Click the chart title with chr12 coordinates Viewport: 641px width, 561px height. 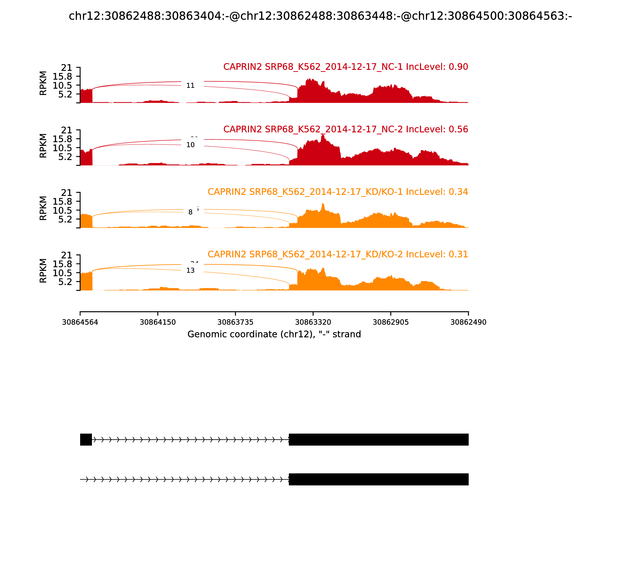[320, 16]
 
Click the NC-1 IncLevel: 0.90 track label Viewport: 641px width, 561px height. [346, 67]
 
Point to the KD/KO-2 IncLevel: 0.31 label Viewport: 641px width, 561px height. [338, 254]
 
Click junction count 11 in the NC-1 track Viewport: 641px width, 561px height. [190, 86]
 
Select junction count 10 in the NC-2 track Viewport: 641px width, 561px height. [190, 145]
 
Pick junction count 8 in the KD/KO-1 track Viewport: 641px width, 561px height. [190, 212]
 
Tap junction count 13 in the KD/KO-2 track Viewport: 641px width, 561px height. [190, 270]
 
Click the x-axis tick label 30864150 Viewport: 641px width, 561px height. [158, 322]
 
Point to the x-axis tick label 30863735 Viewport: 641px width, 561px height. [235, 322]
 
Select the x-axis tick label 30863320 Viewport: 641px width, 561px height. [313, 322]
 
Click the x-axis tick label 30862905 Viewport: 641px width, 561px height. [391, 322]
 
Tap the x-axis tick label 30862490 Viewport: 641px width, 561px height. [468, 322]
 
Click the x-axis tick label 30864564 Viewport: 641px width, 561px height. [80, 322]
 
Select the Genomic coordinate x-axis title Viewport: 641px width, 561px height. [274, 334]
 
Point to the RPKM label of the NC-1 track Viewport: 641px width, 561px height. [43, 83]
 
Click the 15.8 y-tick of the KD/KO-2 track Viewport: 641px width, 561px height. [62, 264]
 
